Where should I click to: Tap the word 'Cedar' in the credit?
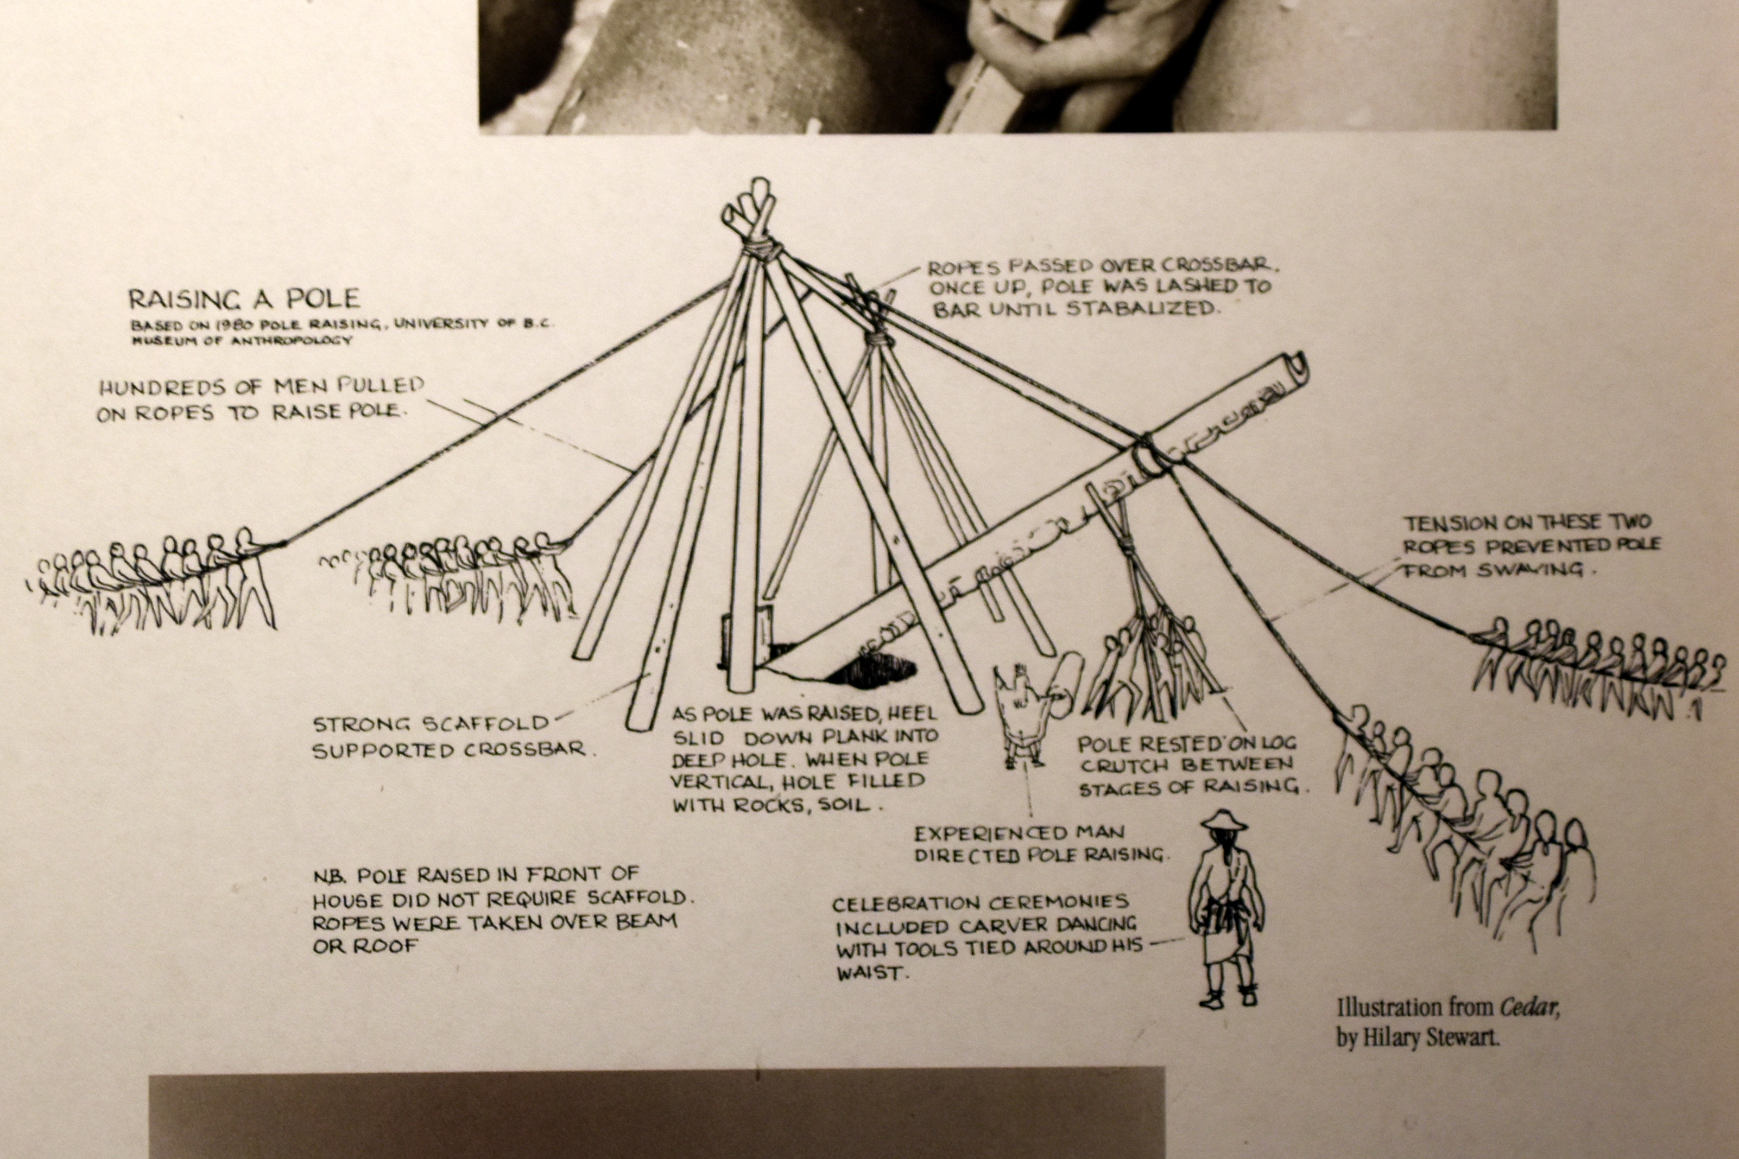point(1528,1007)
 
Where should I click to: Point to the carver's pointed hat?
point(1224,819)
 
